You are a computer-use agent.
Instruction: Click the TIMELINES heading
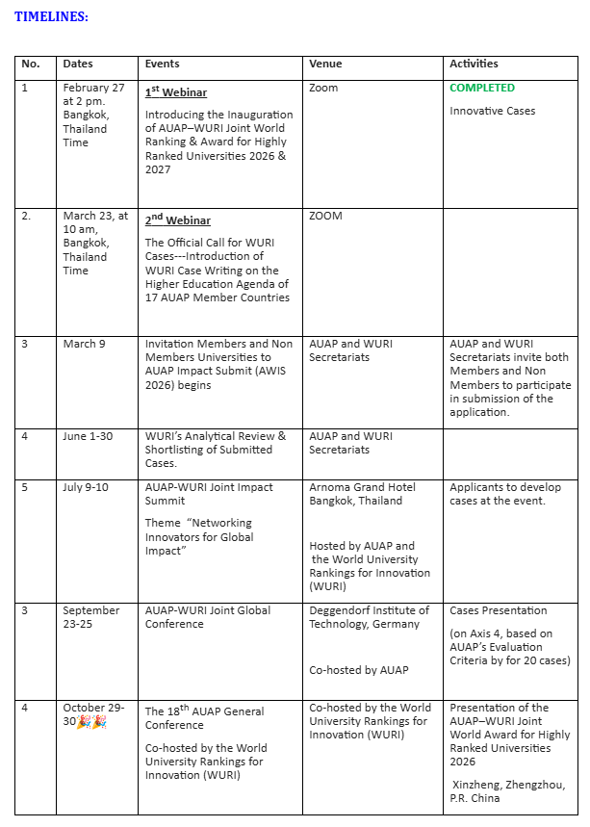coord(51,16)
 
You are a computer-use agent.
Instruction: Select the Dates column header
coord(78,64)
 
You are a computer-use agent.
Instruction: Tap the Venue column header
coord(325,64)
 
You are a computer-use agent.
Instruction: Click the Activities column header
coord(474,64)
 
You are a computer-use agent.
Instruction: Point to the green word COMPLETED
coord(482,88)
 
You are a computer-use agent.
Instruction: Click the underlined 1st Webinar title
coord(176,92)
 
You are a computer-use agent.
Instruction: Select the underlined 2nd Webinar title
coord(178,220)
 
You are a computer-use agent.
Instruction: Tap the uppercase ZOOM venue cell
coord(325,216)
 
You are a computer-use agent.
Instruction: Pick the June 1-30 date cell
coord(88,436)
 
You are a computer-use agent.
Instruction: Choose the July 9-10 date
coord(86,487)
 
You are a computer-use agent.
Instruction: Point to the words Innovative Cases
coord(492,111)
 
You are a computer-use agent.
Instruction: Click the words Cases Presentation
coord(498,610)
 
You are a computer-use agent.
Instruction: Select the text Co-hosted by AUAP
coord(358,670)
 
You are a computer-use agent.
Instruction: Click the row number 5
coord(25,487)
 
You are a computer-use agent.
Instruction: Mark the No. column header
coord(31,64)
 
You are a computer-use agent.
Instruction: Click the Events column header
coord(162,64)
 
